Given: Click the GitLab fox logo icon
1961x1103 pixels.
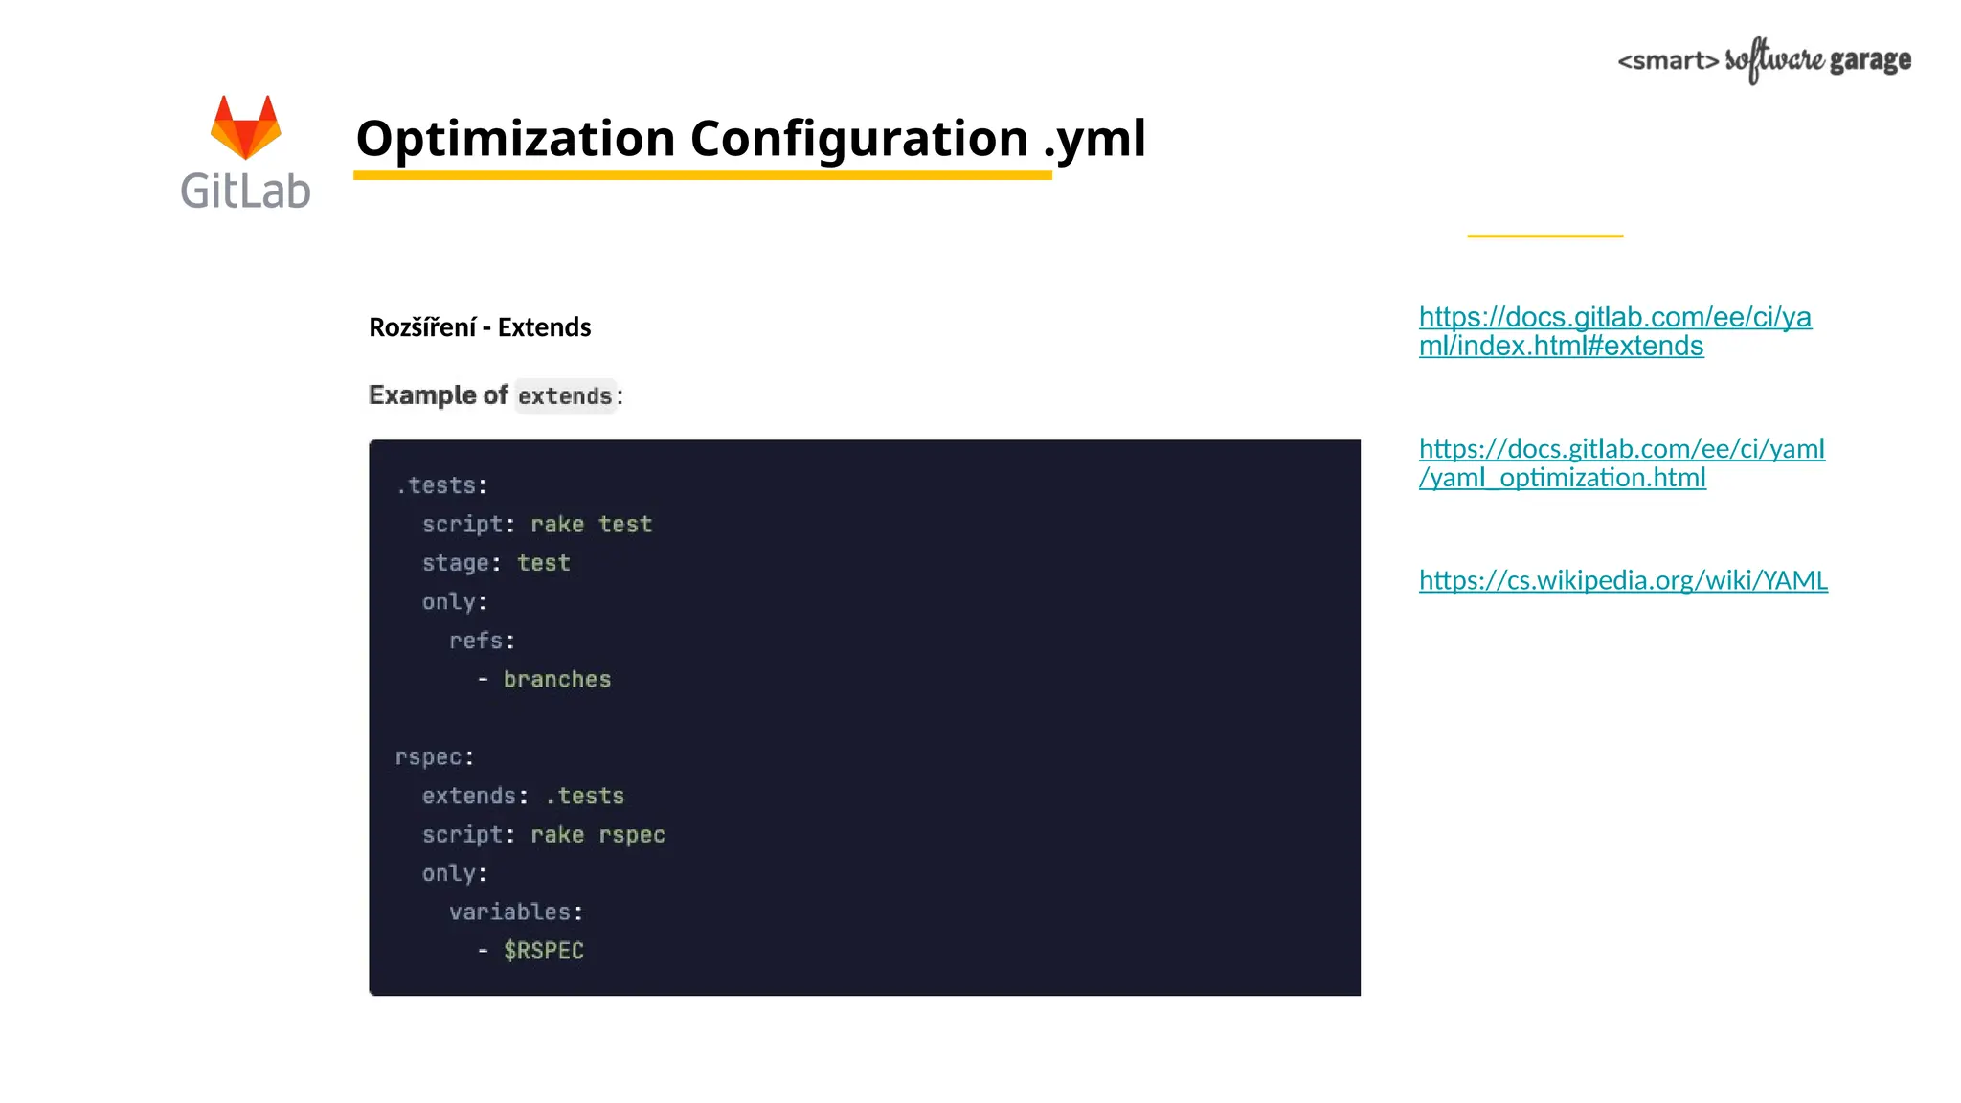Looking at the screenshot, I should (x=245, y=127).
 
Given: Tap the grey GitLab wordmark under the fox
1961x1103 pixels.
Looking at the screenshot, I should (x=245, y=191).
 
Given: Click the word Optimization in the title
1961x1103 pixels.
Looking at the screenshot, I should (x=515, y=138).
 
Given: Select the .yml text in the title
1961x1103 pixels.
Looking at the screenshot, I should (x=1094, y=140).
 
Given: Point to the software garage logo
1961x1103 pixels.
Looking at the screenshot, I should (x=1764, y=60).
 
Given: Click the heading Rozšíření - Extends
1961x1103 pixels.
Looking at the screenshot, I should (x=480, y=327).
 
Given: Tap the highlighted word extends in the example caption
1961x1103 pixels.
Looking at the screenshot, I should (x=565, y=395).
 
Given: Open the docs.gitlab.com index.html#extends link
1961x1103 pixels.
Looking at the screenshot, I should (x=1614, y=331).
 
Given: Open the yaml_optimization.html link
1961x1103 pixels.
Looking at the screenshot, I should (x=1621, y=462).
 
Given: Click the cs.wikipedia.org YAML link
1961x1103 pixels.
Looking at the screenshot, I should (x=1623, y=580).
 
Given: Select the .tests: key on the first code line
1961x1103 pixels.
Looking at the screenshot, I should (x=441, y=485).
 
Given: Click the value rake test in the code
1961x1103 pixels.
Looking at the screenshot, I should (x=591, y=525).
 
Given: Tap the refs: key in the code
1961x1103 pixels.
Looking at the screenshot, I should (x=482, y=641).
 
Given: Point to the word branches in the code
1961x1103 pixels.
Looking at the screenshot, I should (x=557, y=680).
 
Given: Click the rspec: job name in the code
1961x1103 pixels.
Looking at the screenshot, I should (x=435, y=757).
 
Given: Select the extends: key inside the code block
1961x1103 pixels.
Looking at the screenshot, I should (x=475, y=796).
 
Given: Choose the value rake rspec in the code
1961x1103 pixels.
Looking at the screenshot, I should (x=597, y=835).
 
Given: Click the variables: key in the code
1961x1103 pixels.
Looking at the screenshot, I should (x=516, y=912).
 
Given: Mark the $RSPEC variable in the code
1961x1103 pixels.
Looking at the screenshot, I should (x=544, y=951).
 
